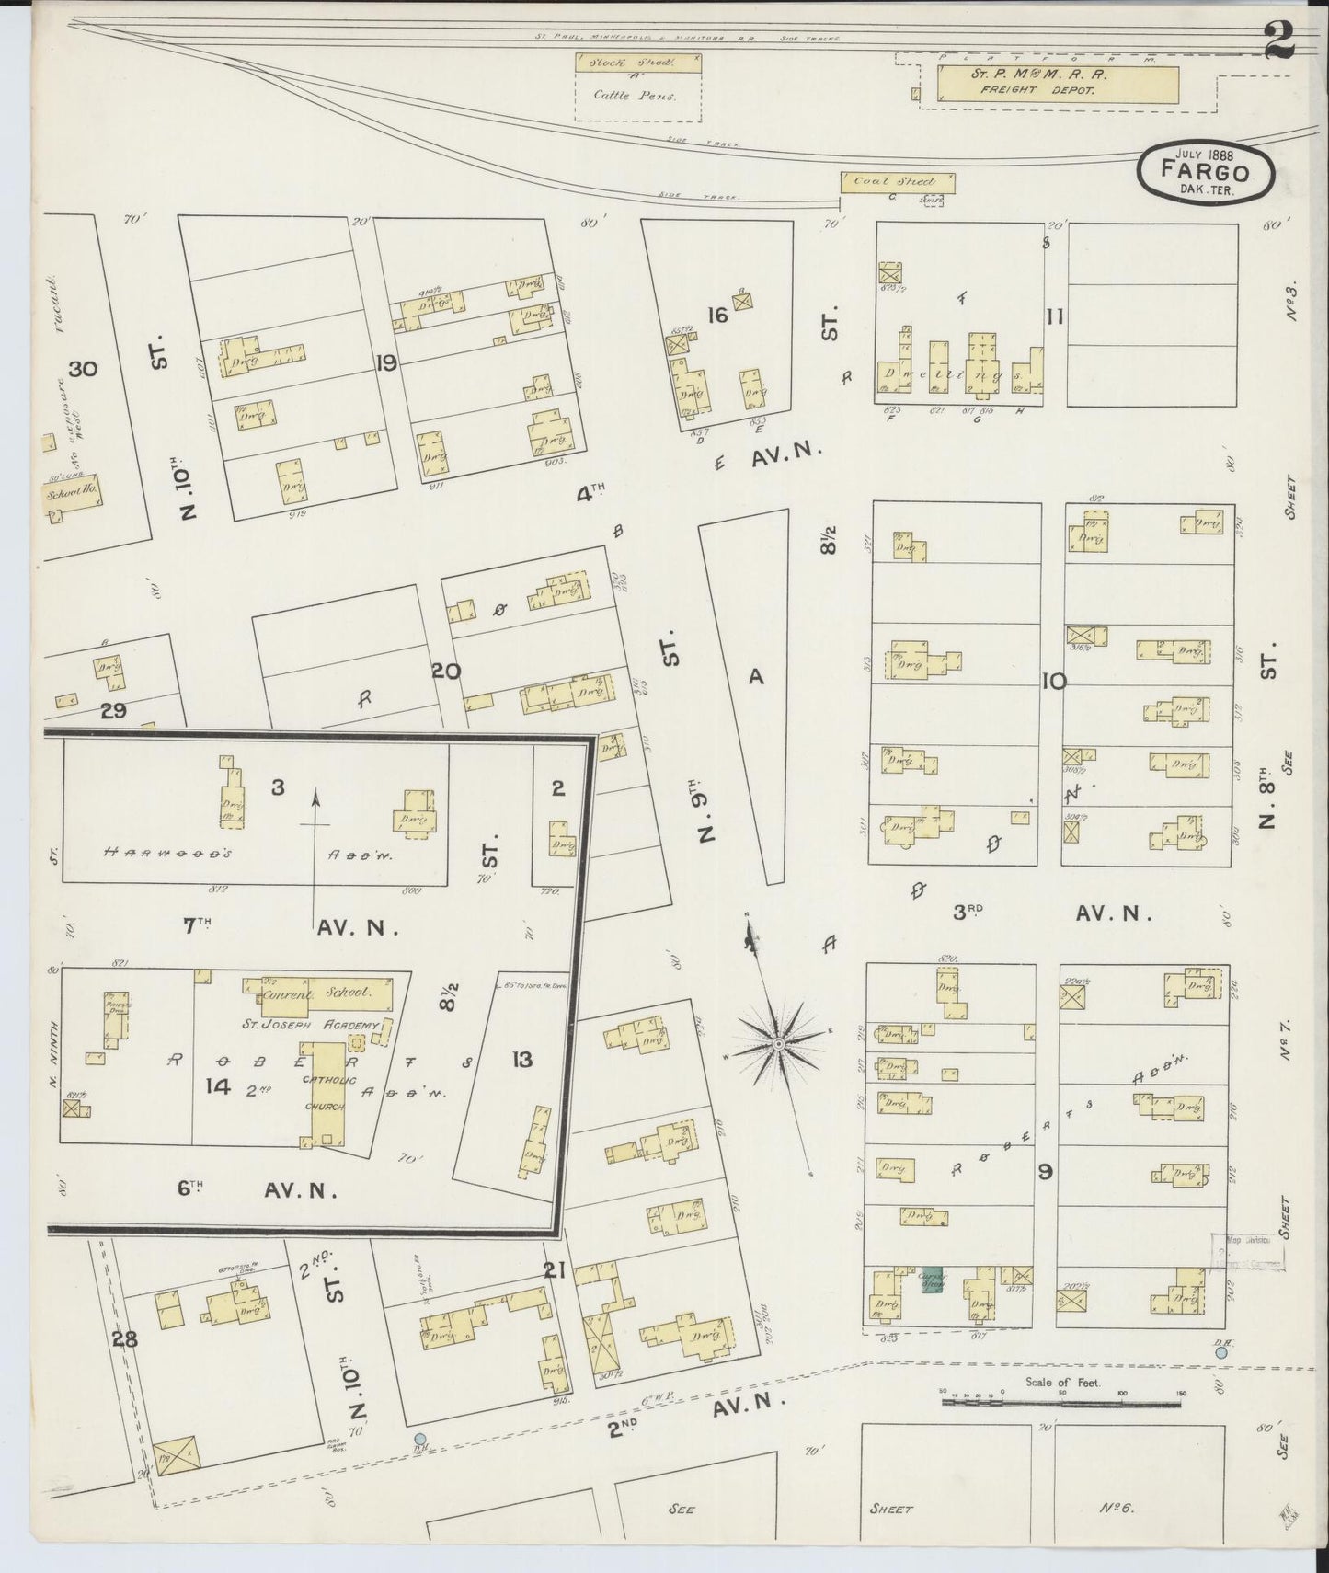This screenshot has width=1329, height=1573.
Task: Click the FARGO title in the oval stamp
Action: [x=1205, y=172]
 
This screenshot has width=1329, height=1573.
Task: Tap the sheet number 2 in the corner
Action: [x=1277, y=40]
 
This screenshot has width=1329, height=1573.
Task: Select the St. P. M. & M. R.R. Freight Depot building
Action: [x=1057, y=83]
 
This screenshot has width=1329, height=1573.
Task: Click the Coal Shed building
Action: [x=897, y=182]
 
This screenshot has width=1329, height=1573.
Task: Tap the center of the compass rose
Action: [x=778, y=1044]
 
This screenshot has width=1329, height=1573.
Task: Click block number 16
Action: [x=717, y=316]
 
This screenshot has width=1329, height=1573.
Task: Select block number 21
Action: [x=553, y=1270]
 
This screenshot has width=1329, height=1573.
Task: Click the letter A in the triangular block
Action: [x=756, y=677]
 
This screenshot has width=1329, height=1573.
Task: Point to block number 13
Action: [x=521, y=1060]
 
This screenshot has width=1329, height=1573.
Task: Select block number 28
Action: [x=125, y=1339]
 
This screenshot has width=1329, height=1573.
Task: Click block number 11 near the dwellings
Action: [x=1054, y=317]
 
